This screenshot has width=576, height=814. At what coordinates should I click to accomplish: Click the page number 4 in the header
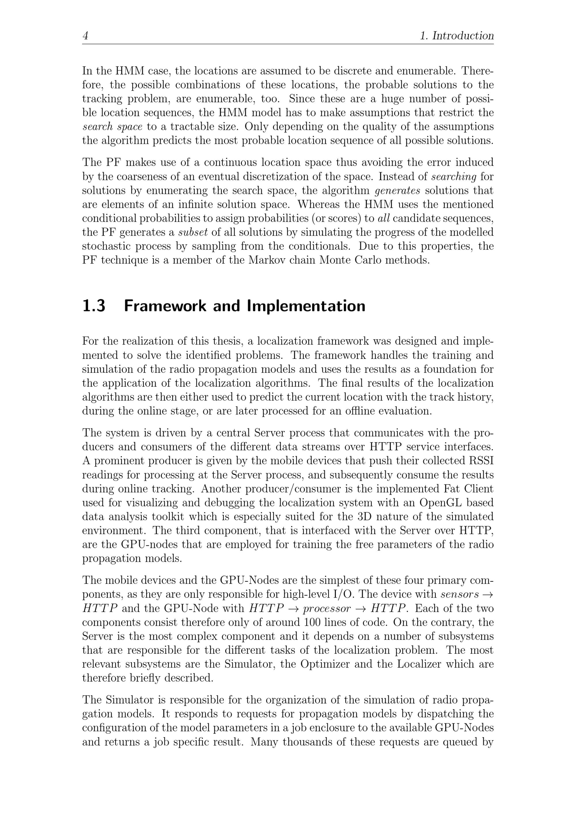(x=85, y=36)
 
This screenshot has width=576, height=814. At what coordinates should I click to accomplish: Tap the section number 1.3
(x=94, y=306)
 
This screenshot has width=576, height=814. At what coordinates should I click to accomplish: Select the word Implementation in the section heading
(x=306, y=306)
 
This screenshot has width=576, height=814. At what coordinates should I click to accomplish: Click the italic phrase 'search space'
(x=112, y=127)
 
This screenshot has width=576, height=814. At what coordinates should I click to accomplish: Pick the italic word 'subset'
(x=193, y=232)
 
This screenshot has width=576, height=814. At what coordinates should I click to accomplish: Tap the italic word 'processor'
(x=327, y=608)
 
